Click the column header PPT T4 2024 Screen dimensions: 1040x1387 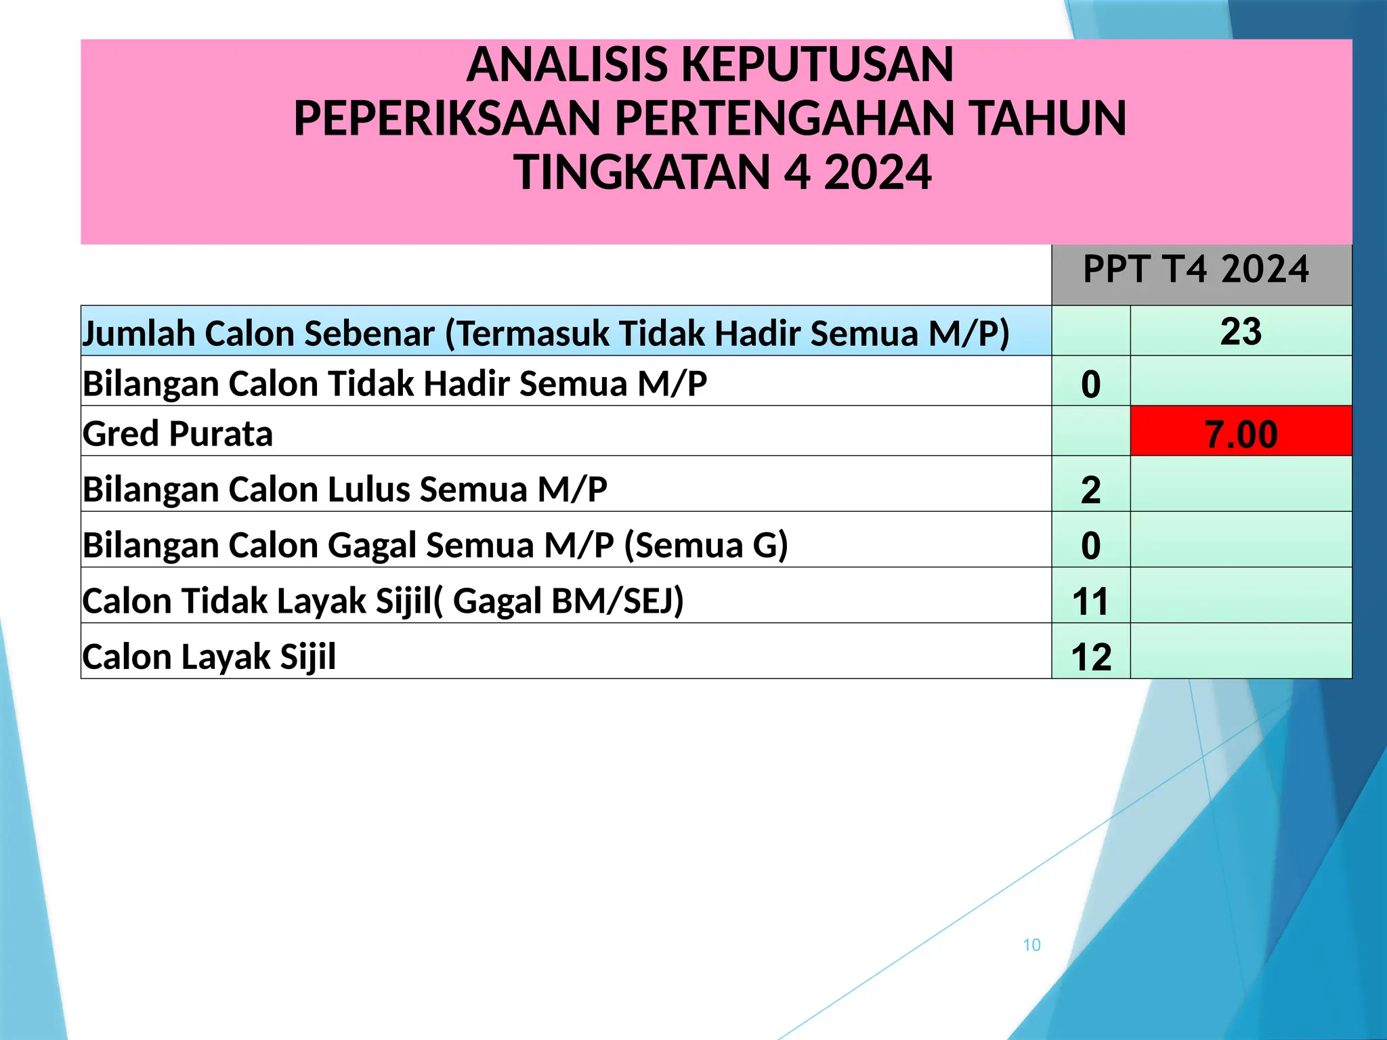tap(1196, 269)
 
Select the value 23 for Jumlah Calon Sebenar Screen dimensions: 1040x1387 tap(1241, 332)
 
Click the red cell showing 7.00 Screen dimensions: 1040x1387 tap(1241, 433)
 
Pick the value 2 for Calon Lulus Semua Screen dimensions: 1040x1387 tap(1090, 490)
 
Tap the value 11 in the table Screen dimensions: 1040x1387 tap(1090, 601)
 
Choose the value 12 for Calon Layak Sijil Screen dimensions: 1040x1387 tap(1091, 657)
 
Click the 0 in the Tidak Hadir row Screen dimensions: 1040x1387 tap(1090, 384)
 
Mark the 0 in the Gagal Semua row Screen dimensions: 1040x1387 tap(1090, 545)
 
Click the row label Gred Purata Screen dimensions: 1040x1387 tap(177, 433)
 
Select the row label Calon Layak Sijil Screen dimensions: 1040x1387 tap(209, 657)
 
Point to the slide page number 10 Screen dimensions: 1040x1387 tap(1031, 945)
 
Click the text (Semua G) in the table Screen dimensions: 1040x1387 tap(706, 545)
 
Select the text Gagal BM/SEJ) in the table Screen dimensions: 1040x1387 tap(568, 601)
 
